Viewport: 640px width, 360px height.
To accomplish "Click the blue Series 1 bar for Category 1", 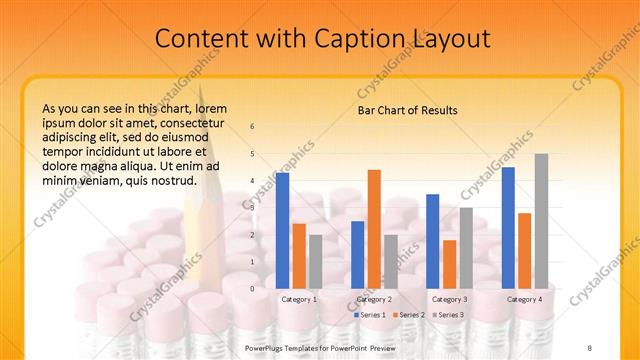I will point(282,230).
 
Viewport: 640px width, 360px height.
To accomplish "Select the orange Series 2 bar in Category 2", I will point(374,229).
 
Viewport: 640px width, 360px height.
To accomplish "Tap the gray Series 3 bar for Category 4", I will point(541,221).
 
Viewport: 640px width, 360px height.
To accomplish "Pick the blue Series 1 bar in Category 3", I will point(432,241).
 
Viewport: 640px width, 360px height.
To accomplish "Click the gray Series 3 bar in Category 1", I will point(315,261).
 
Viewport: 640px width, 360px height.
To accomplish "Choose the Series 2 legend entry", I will point(409,315).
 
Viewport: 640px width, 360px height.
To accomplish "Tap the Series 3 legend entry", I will point(447,315).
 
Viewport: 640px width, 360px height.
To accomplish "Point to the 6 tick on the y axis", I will point(252,126).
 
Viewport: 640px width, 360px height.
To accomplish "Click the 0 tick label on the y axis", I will point(252,288).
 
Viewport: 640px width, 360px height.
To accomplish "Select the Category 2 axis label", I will point(374,299).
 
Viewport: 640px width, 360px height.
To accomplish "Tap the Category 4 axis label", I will point(524,299).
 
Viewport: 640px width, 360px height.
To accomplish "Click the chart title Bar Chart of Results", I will point(407,110).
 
